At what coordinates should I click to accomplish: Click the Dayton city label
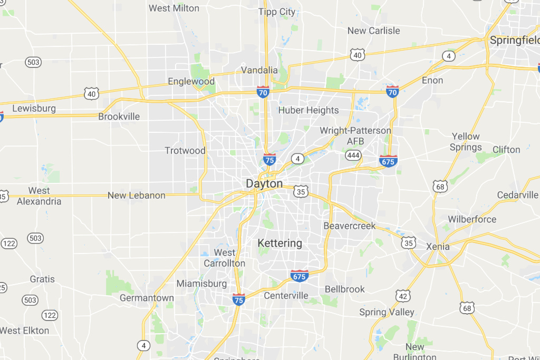point(264,184)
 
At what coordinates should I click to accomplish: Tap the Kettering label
point(279,243)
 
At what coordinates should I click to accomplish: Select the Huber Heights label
point(308,110)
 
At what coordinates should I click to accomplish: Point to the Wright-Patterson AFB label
point(355,135)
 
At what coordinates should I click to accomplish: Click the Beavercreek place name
point(350,226)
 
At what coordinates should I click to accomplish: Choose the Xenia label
point(438,246)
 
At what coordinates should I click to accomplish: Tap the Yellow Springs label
point(465,142)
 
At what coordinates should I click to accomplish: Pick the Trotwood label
point(185,151)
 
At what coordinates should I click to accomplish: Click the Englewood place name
point(191,82)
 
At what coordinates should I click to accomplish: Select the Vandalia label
point(259,70)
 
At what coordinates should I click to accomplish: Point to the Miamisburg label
point(201,284)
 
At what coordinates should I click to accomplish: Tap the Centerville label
point(286,295)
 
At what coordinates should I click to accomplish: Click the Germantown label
point(147,298)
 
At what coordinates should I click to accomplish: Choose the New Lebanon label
point(136,196)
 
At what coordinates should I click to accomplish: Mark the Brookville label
point(119,116)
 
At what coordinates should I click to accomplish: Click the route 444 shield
point(353,155)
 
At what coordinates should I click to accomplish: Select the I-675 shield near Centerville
point(299,275)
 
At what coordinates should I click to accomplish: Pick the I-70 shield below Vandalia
point(263,92)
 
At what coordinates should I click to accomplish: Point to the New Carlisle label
point(373,31)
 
